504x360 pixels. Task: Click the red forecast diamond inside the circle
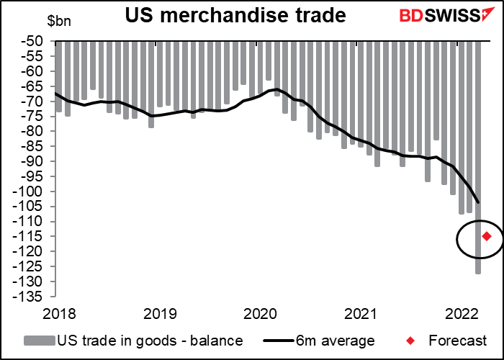pos(487,236)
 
